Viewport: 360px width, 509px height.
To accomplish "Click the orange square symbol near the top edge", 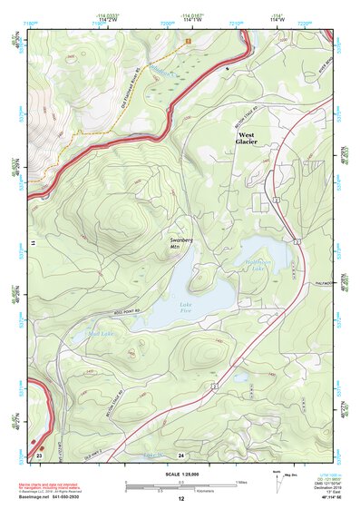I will coord(189,41).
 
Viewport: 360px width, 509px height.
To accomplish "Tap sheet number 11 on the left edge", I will coord(33,244).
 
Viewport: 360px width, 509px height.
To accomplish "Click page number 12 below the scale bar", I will coord(180,499).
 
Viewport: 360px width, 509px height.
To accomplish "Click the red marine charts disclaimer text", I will coord(63,482).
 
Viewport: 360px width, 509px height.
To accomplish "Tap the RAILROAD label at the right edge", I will coord(327,281).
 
